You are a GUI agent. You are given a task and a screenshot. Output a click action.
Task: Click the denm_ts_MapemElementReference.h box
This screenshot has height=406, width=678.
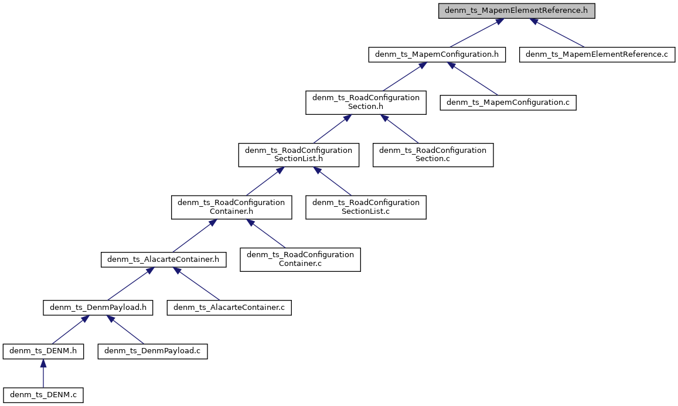pos(517,11)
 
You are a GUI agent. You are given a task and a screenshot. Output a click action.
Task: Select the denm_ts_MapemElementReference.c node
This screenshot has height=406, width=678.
pos(597,54)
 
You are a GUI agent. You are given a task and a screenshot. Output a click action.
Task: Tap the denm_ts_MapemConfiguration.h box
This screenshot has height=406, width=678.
pos(437,54)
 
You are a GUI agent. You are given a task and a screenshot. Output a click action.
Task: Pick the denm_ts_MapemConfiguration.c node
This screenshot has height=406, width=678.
pos(509,103)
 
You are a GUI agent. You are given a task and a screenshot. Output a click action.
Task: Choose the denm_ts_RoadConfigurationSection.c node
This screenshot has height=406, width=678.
pos(433,155)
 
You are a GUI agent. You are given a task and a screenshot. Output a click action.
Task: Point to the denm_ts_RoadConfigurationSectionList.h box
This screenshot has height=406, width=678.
pos(298,155)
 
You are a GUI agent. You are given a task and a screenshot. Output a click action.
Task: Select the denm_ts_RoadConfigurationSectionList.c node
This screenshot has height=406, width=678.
pos(366,207)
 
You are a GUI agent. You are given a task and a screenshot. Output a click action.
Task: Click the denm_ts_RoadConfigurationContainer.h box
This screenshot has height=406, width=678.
pos(231,207)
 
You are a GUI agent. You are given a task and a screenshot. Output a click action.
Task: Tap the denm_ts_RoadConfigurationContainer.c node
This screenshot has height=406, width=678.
pos(300,260)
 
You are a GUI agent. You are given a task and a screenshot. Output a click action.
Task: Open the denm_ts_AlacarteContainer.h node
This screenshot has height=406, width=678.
pos(163,259)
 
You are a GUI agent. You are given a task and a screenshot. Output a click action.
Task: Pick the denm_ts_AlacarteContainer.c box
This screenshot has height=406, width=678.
pos(229,307)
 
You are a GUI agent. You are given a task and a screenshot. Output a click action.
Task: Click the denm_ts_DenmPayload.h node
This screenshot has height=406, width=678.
pos(98,307)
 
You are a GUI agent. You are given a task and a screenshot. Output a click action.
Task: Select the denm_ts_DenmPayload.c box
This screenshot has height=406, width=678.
pos(152,351)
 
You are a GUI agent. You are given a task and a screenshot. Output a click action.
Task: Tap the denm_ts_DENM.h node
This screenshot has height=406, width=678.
pos(43,351)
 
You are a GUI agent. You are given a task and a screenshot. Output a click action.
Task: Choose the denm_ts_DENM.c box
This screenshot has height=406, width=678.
pos(43,395)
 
